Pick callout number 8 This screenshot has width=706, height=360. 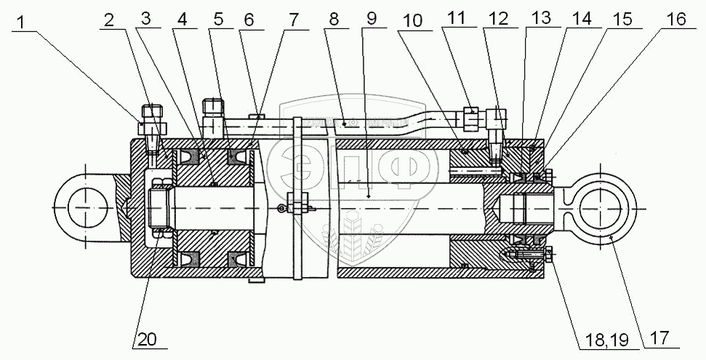click(x=334, y=20)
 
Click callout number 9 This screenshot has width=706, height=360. click(x=372, y=20)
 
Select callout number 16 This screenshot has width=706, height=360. click(x=675, y=20)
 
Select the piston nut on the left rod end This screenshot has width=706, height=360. click(x=161, y=207)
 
